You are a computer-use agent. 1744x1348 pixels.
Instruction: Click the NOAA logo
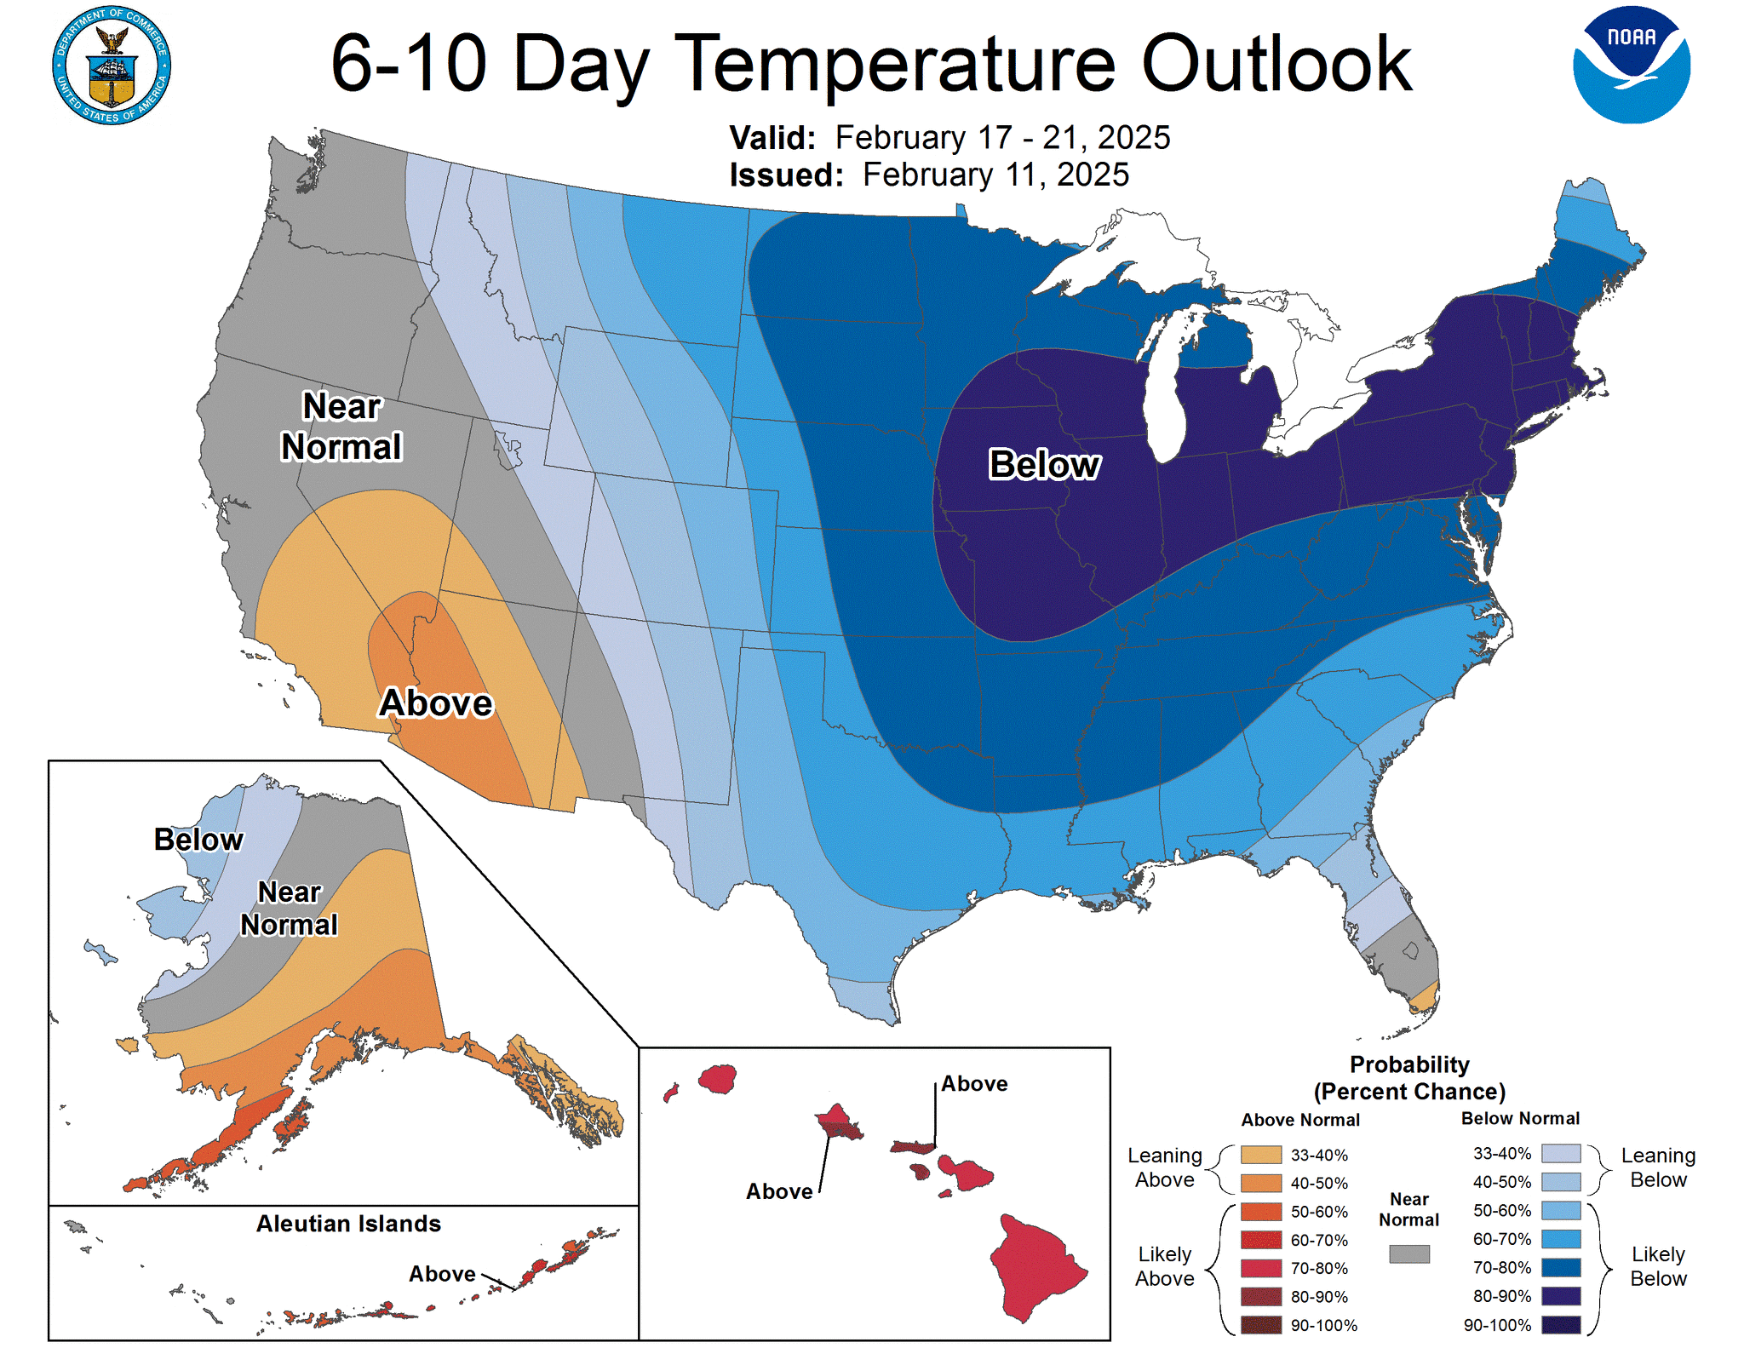pyautogui.click(x=1631, y=66)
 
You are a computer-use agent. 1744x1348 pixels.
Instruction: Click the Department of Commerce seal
pyautogui.click(x=112, y=66)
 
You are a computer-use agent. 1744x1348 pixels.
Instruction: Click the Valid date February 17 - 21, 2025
pyautogui.click(x=1001, y=138)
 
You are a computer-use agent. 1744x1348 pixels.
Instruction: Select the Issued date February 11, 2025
pyautogui.click(x=995, y=175)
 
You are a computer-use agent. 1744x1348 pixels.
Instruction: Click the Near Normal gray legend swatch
pyautogui.click(x=1408, y=1253)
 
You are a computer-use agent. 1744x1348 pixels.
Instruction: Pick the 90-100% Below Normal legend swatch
pyautogui.click(x=1560, y=1324)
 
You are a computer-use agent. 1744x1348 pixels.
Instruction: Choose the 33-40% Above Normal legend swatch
pyautogui.click(x=1260, y=1155)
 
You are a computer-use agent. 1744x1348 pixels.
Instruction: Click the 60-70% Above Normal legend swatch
pyautogui.click(x=1260, y=1240)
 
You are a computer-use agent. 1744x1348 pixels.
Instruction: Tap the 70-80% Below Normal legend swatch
pyautogui.click(x=1560, y=1267)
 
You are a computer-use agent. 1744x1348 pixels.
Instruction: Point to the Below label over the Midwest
pyautogui.click(x=1044, y=465)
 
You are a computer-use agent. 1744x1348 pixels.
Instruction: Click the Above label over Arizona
pyautogui.click(x=436, y=703)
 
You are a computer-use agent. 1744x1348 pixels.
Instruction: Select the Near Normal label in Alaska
pyautogui.click(x=289, y=909)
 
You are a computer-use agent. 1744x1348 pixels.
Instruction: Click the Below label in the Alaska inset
pyautogui.click(x=198, y=840)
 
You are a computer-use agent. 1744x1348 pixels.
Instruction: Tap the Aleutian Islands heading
pyautogui.click(x=348, y=1224)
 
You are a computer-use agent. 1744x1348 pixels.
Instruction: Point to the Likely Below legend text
pyautogui.click(x=1657, y=1266)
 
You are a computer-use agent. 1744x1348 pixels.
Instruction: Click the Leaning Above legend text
pyautogui.click(x=1164, y=1167)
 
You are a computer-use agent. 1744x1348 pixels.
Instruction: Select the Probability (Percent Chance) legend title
pyautogui.click(x=1409, y=1078)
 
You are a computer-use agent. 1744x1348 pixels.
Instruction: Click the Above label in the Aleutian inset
pyautogui.click(x=442, y=1274)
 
